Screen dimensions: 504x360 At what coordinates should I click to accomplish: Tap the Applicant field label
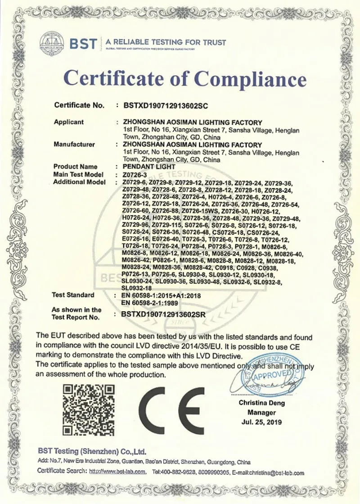click(x=69, y=122)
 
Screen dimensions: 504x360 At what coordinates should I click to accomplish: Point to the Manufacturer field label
click(x=74, y=145)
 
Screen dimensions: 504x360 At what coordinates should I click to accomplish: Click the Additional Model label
click(x=79, y=182)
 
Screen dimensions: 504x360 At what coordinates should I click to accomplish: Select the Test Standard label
click(x=73, y=295)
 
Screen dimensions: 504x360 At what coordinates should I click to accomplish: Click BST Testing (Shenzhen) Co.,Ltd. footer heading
click(x=92, y=451)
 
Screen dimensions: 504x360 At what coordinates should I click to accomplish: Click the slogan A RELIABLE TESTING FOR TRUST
click(x=166, y=42)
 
